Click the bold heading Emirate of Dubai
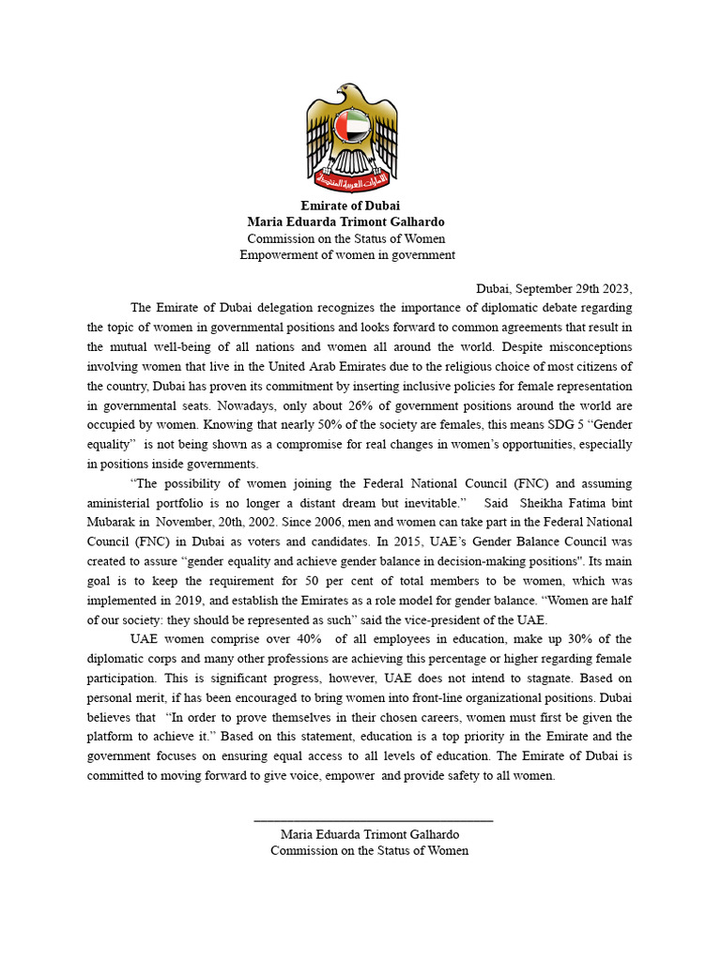pyautogui.click(x=350, y=206)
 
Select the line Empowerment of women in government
pyautogui.click(x=347, y=254)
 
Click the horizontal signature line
pyautogui.click(x=373, y=821)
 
